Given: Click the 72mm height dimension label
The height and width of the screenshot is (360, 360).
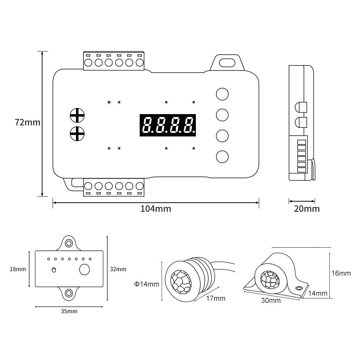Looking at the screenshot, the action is click(28, 122).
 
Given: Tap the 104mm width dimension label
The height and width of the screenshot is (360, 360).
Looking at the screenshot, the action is click(156, 209).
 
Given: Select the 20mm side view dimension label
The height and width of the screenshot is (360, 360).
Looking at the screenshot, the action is click(307, 209).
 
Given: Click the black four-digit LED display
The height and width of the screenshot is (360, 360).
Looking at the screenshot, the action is click(168, 125).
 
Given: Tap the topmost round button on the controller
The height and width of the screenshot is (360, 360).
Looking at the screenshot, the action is click(222, 94).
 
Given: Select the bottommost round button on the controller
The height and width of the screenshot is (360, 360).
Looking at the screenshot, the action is click(222, 157).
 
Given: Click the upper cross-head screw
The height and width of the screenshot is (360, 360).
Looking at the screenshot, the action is click(77, 115).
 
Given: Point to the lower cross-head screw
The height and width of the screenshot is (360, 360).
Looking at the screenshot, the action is click(77, 134).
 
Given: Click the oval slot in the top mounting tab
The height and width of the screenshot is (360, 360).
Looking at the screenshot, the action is click(227, 62).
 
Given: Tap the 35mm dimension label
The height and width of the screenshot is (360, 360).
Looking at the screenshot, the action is click(69, 311).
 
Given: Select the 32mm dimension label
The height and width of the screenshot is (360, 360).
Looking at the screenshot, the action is click(118, 269).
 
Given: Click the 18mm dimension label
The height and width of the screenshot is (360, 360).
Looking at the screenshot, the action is click(18, 269).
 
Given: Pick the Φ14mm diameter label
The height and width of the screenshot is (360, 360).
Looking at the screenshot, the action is click(147, 284).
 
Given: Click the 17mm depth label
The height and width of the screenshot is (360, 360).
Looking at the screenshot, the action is click(216, 298).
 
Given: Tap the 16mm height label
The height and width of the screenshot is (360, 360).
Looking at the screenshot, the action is click(341, 273).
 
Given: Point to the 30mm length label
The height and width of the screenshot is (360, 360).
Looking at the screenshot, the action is click(271, 301).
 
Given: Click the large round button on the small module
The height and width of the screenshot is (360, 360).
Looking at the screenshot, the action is click(85, 269).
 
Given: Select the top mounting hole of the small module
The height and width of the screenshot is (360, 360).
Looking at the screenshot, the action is click(69, 243).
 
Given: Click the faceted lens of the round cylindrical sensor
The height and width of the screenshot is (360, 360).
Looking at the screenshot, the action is click(181, 282).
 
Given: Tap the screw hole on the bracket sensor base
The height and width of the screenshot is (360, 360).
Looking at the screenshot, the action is click(299, 288).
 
